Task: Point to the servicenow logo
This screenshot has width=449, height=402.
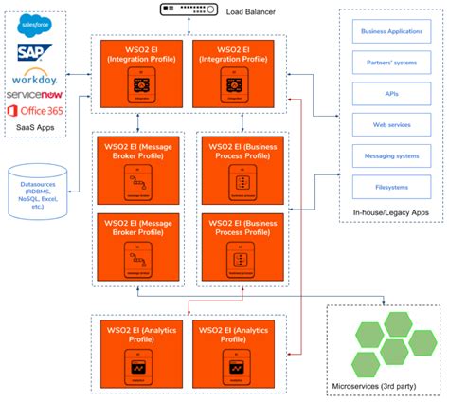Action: (x=36, y=95)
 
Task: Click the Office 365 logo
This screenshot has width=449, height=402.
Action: (x=36, y=112)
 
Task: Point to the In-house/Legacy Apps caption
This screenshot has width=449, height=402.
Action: (x=389, y=214)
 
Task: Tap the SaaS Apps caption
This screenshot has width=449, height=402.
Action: (x=36, y=128)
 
